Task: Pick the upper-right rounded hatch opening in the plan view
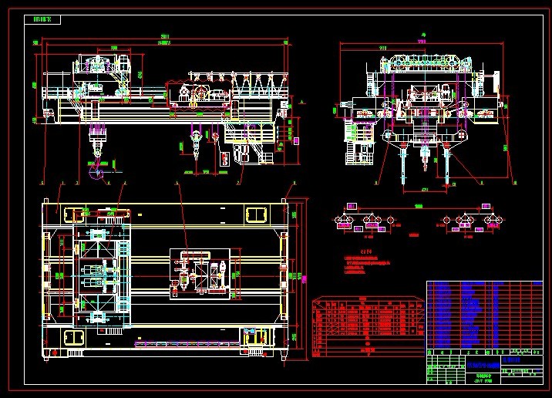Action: pos(254,213)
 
